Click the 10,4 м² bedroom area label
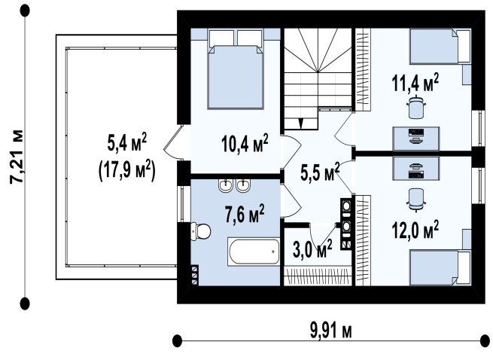245,144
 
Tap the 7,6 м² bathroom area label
245,214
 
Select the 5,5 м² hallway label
320,172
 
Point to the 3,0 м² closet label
312,249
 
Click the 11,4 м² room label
415,82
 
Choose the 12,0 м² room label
415,230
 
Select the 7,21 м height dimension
17,157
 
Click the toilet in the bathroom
200,231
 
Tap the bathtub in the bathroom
254,252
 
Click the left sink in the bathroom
225,186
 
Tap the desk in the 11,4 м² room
416,139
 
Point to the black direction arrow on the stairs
301,124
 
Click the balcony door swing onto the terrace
173,142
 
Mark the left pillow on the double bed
221,38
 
